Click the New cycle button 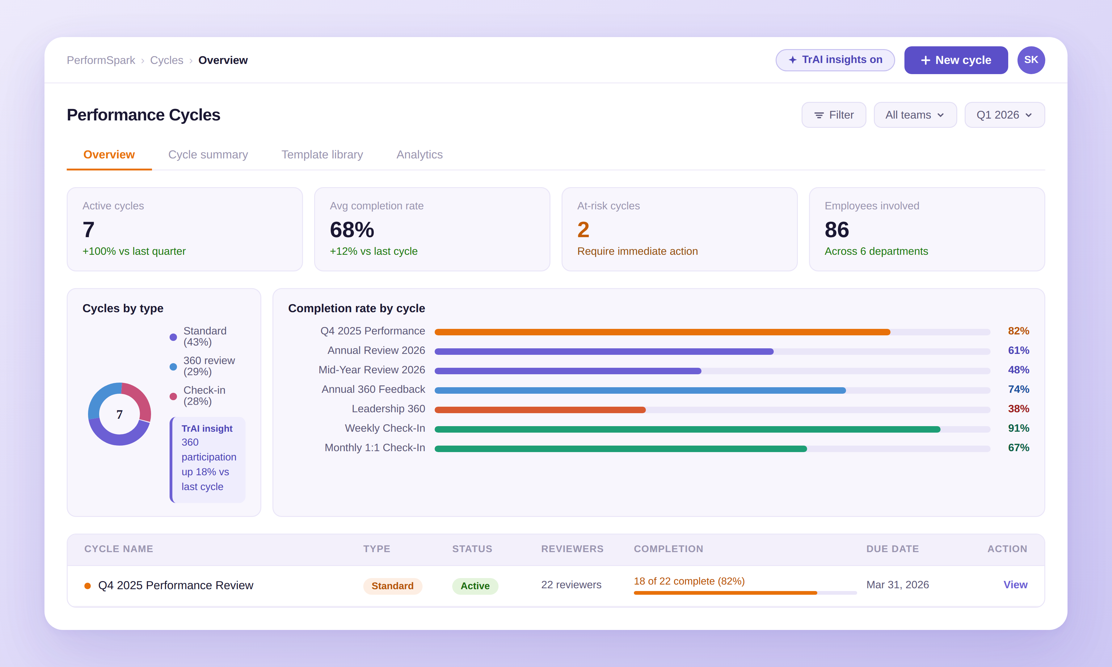(x=956, y=60)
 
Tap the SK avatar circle (x=1031, y=60)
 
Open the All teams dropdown (x=915, y=115)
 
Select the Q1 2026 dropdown (x=1004, y=115)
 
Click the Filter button (x=833, y=115)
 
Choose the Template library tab (x=322, y=155)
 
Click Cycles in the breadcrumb (x=166, y=60)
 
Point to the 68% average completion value (x=352, y=230)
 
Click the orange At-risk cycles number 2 (x=583, y=230)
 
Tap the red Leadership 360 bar (x=539, y=410)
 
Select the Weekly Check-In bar (x=687, y=429)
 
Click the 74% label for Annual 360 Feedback (x=1018, y=389)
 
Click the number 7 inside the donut (x=120, y=414)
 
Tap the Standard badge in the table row (x=392, y=586)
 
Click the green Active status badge (x=475, y=586)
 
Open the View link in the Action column (x=1015, y=585)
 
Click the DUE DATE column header (x=892, y=549)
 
